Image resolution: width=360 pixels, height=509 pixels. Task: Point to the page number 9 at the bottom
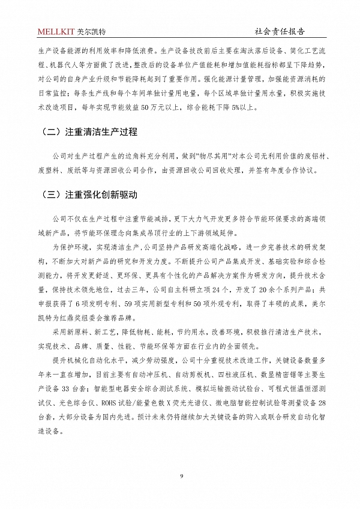[x=180, y=477]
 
